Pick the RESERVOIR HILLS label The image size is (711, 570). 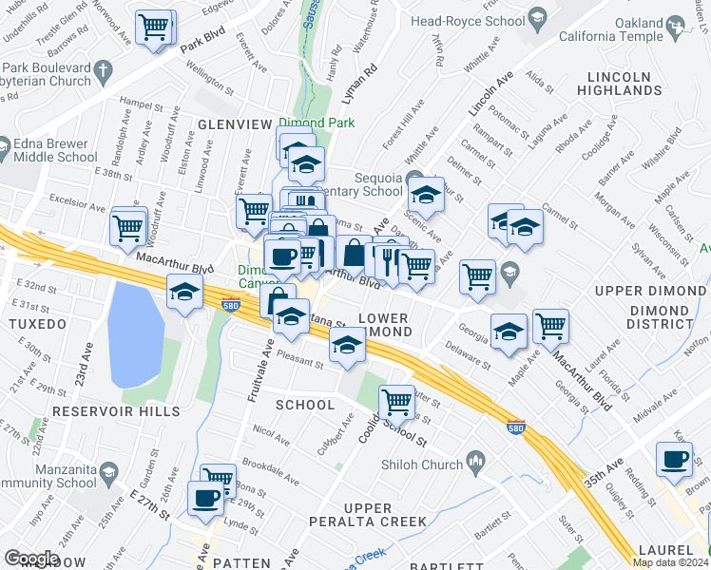tap(116, 411)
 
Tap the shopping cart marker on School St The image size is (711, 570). tap(395, 400)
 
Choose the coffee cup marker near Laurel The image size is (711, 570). tap(674, 460)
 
